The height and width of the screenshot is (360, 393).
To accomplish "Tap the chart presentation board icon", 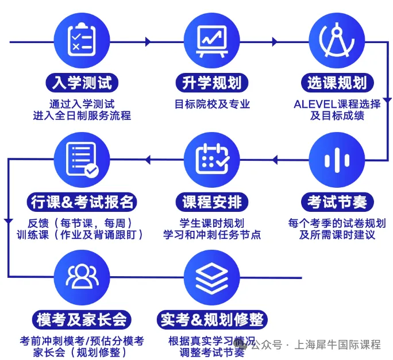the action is [x=212, y=41].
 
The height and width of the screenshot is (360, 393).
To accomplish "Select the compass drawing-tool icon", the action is [x=337, y=40].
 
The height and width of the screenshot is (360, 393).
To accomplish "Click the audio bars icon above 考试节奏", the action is [x=337, y=160].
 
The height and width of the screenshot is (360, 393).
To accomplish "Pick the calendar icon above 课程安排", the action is [x=212, y=159].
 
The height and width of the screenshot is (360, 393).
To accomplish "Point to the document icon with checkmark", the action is [x=82, y=160].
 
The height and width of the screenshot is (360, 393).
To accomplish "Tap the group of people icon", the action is [x=82, y=276].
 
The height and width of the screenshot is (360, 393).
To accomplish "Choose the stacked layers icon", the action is [x=212, y=278].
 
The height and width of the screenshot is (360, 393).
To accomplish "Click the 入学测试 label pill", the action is [x=82, y=83].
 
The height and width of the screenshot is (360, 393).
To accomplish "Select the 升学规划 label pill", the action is [x=212, y=83].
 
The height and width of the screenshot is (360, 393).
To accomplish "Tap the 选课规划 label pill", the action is [x=337, y=83].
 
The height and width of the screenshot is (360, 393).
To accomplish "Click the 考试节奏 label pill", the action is [x=337, y=202].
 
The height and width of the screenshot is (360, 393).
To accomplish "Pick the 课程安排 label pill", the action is [x=212, y=202].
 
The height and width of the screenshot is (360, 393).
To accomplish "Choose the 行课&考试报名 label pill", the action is [x=82, y=202].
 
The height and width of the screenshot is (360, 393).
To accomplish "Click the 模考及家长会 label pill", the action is [x=82, y=320].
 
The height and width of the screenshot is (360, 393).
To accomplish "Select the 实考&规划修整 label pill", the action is [x=212, y=320].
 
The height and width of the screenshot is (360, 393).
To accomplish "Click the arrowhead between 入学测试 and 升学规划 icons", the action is [x=148, y=41].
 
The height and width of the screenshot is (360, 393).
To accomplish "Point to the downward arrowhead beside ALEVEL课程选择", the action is [x=387, y=100].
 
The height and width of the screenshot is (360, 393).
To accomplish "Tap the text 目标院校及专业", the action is [x=212, y=104].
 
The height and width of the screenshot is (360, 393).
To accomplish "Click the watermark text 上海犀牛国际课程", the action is [x=337, y=344].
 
